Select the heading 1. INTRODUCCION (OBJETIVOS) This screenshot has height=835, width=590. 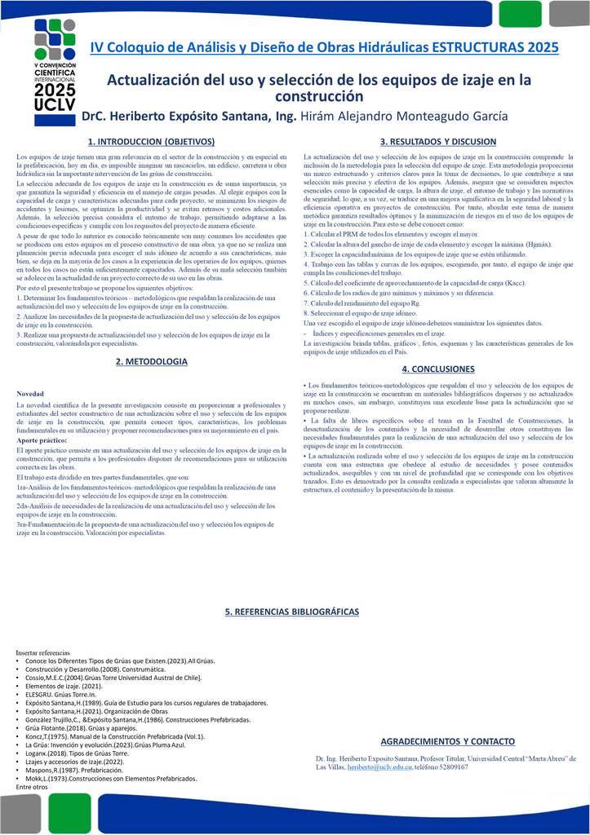[x=151, y=142]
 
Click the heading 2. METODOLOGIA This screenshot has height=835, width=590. [x=152, y=361]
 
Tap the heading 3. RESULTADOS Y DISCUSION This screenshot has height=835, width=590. [x=438, y=142]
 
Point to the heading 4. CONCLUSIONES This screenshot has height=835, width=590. [x=438, y=369]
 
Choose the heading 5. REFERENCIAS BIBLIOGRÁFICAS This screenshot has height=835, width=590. [x=291, y=612]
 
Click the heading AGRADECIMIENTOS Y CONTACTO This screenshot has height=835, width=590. [x=448, y=741]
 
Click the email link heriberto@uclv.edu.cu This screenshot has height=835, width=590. [x=379, y=768]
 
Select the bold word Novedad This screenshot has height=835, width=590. [x=31, y=394]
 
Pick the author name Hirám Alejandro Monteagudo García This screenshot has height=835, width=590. [x=405, y=117]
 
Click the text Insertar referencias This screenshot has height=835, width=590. [x=43, y=653]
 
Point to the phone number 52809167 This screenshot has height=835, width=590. [x=446, y=768]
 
